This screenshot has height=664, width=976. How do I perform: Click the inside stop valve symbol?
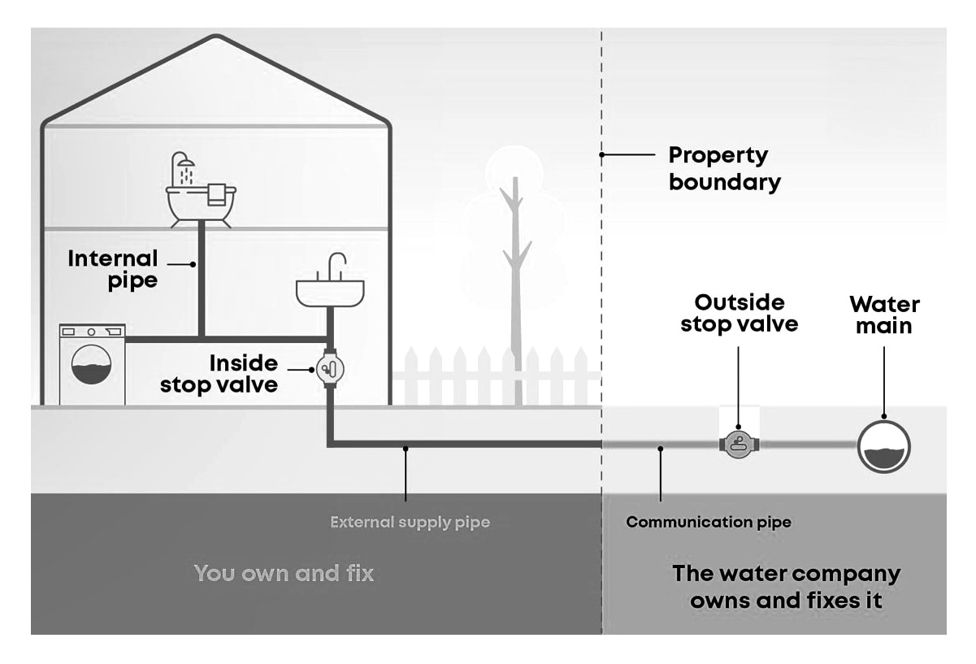coord(328,370)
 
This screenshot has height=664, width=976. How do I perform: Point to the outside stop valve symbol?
coord(738,445)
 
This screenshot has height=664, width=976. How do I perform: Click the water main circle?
coord(884,445)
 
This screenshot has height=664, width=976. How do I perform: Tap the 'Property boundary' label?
coord(723,168)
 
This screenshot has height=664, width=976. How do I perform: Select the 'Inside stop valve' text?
coord(219,373)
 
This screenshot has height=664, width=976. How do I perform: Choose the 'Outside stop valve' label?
coord(740,314)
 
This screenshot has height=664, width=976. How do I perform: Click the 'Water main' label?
coord(884,315)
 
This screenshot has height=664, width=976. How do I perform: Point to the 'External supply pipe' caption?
coord(410,522)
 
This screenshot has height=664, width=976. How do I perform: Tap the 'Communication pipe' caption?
coord(708,523)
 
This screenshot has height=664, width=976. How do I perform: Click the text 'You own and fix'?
coord(284,573)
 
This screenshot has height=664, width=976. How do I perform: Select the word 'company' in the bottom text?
coord(847,573)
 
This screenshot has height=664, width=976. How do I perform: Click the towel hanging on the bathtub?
coord(217,194)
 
